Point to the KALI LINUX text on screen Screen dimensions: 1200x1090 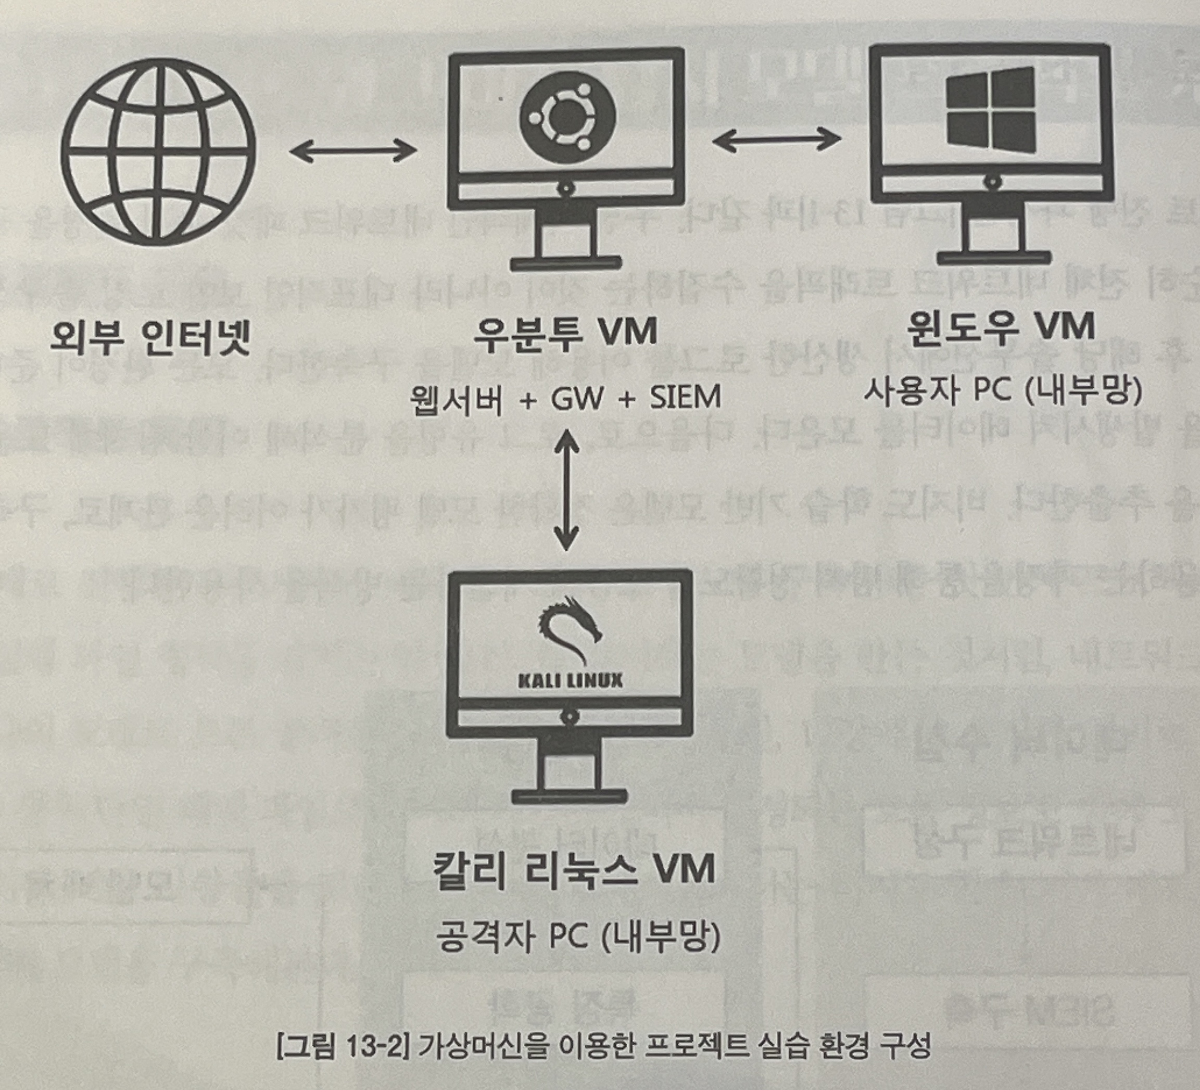[x=570, y=680]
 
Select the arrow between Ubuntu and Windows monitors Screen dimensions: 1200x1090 [x=776, y=140]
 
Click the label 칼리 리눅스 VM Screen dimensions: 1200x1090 [x=575, y=870]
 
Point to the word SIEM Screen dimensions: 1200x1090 [x=685, y=397]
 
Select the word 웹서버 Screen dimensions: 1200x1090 [x=457, y=399]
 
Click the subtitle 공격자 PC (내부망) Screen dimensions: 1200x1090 [x=577, y=936]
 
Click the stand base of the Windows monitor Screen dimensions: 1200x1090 [x=992, y=258]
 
